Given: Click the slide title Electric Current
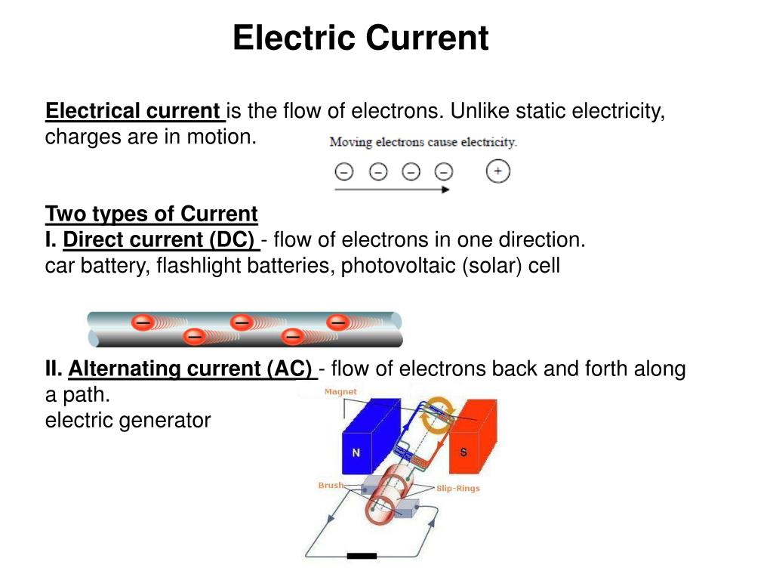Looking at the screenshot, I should pyautogui.click(x=360, y=38).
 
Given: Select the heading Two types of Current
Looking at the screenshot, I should pyautogui.click(x=151, y=214).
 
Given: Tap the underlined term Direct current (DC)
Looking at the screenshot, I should pyautogui.click(x=160, y=240).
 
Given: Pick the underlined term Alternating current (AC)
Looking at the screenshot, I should pyautogui.click(x=191, y=369).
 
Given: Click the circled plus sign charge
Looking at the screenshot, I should pyautogui.click(x=497, y=171).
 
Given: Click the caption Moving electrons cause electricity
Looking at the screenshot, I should pyautogui.click(x=423, y=142).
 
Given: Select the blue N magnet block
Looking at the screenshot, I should pyautogui.click(x=362, y=438).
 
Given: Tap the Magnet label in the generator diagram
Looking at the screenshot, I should pyautogui.click(x=340, y=392).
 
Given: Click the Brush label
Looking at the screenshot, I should pyautogui.click(x=330, y=486).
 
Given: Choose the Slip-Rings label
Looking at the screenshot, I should pyautogui.click(x=457, y=488).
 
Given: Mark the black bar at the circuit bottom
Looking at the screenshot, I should pyautogui.click(x=362, y=556).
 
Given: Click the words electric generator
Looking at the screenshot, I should pyautogui.click(x=128, y=420).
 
